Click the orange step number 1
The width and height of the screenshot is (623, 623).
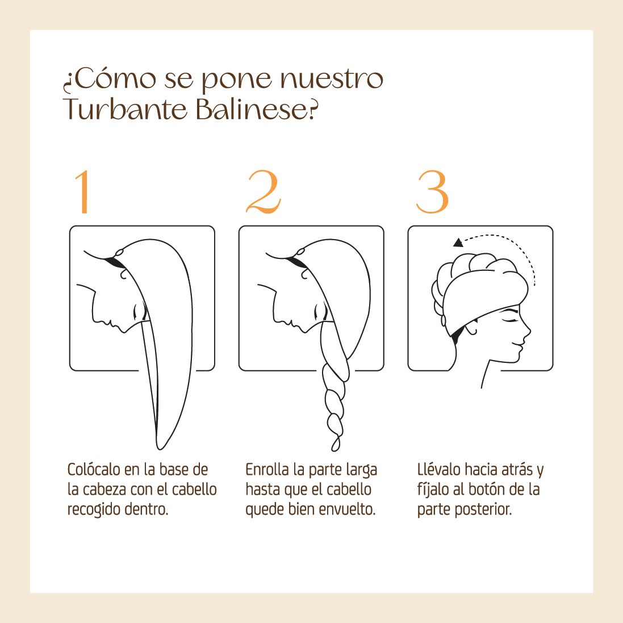83,192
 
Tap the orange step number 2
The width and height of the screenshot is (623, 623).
264,192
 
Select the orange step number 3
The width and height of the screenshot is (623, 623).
433,193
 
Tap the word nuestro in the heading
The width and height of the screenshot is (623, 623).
332,79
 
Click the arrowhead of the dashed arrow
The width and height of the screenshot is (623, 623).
458,242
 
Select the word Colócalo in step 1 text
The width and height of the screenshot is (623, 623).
94,470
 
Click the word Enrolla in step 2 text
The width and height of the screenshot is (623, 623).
267,470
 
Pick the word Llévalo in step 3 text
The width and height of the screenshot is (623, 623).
439,470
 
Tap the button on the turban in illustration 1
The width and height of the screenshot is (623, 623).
119,253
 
